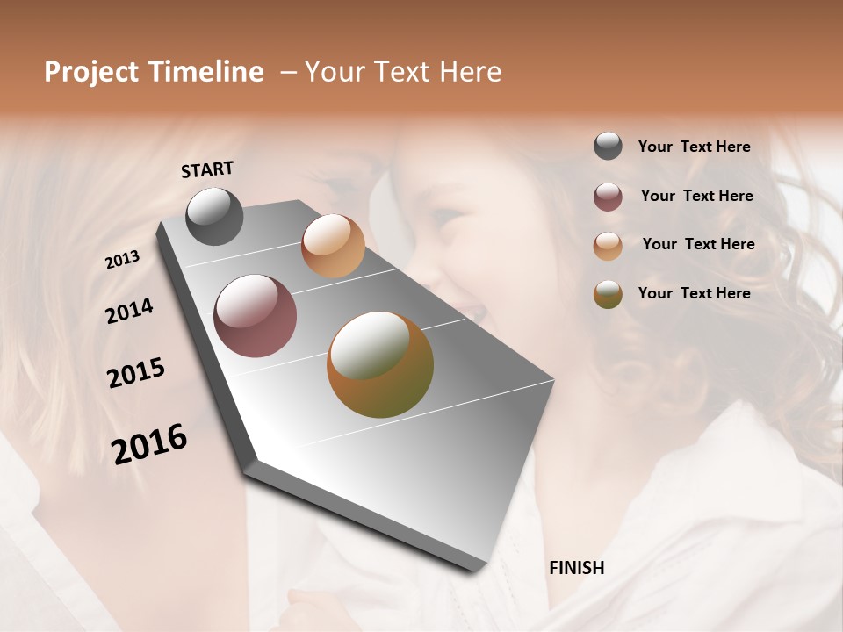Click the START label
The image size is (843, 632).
pyautogui.click(x=207, y=169)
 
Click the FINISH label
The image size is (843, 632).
pyautogui.click(x=577, y=568)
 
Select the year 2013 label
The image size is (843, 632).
pyautogui.click(x=123, y=260)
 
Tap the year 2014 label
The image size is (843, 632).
pyautogui.click(x=129, y=311)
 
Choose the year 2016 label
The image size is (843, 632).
pyautogui.click(x=149, y=443)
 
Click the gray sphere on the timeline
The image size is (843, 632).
pyautogui.click(x=214, y=216)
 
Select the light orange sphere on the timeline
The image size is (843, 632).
pyautogui.click(x=333, y=245)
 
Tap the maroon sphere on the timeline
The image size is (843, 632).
pyautogui.click(x=255, y=316)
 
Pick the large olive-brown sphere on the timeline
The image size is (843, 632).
pyautogui.click(x=380, y=364)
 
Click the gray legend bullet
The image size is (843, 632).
pyautogui.click(x=608, y=147)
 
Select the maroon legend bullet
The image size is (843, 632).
pyautogui.click(x=608, y=197)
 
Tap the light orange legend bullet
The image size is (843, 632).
pyautogui.click(x=608, y=246)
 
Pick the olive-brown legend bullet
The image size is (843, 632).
pyautogui.click(x=608, y=294)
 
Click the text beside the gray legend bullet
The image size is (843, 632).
pyautogui.click(x=694, y=147)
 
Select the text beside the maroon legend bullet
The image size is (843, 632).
pyautogui.click(x=696, y=196)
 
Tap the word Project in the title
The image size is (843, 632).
pyautogui.click(x=91, y=72)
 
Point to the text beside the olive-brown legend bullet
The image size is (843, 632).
pyautogui.click(x=694, y=293)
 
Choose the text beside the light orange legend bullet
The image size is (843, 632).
pyautogui.click(x=698, y=244)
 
